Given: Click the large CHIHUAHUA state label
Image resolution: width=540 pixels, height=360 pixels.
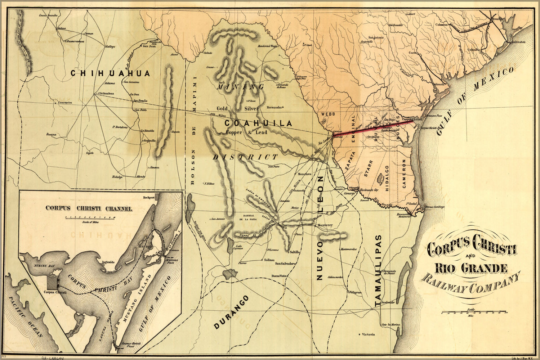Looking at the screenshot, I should point(110,73).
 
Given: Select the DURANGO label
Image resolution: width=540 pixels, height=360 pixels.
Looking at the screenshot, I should point(231,312).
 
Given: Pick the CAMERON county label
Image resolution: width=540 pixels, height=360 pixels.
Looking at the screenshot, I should point(404,174).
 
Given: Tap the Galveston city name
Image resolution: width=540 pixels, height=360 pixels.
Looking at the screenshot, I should point(518,42).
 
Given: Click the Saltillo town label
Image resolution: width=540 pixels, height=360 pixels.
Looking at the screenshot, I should point(294,252).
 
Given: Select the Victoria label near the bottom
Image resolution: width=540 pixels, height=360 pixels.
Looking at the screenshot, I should point(368,334).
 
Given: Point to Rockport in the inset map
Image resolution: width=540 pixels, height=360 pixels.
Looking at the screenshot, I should point(148,198).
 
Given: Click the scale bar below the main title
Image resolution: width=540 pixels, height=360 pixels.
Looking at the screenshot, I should point(474,312).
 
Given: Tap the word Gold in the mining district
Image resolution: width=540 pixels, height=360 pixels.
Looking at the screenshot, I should point(222,108).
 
